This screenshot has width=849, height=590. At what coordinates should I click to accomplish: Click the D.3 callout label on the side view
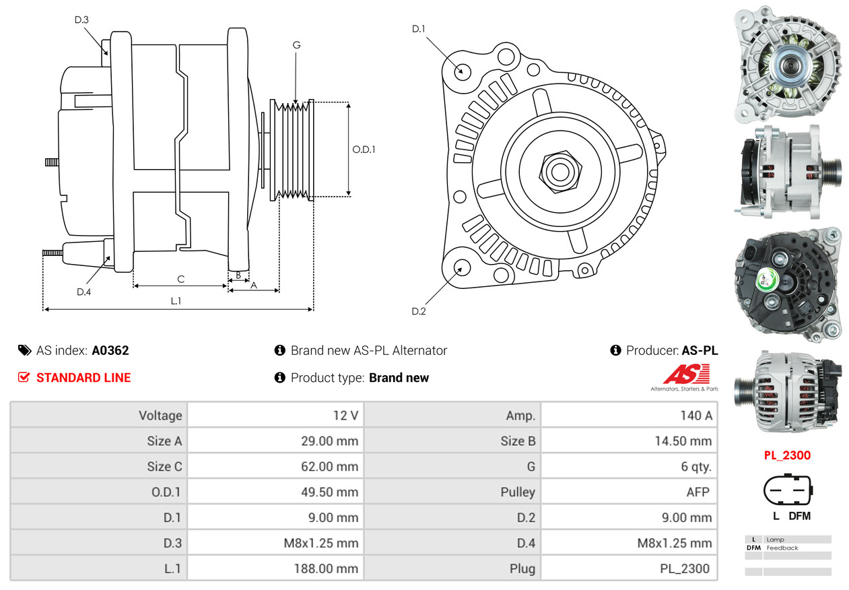pos(81,20)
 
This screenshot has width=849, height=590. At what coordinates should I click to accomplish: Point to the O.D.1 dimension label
pos(364,150)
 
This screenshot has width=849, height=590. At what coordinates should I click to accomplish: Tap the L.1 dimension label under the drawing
pos(175,301)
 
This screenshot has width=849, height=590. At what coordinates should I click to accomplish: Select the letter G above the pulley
pos(296,45)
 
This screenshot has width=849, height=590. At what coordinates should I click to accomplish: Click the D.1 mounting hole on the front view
pos(462,71)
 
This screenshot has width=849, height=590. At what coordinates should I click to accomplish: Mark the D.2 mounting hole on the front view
pos(461,267)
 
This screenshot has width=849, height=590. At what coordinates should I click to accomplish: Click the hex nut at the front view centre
pos(558,170)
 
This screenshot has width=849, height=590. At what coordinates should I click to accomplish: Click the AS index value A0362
pos(110,350)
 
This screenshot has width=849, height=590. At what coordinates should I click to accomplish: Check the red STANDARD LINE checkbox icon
pos(24,377)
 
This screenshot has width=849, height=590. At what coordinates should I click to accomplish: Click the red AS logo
pos(686,374)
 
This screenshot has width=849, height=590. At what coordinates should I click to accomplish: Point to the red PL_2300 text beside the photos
pos(787,455)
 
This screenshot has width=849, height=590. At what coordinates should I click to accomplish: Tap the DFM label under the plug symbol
pos(799,516)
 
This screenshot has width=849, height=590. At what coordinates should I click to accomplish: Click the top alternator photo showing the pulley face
pos(787,65)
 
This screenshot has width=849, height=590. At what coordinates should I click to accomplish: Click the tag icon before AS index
pos(24,350)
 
